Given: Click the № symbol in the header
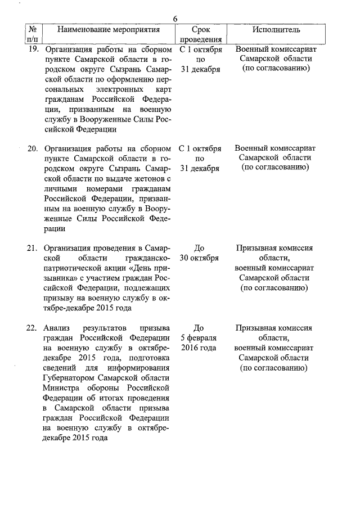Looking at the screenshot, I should [x=33, y=29].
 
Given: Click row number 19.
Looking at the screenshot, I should [x=33, y=49].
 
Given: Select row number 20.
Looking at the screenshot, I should [x=33, y=149].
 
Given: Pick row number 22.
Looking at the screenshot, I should [x=33, y=328].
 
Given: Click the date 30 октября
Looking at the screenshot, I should [x=199, y=259].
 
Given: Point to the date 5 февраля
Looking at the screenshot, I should [x=199, y=339].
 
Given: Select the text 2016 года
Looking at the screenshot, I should [x=199, y=348].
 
